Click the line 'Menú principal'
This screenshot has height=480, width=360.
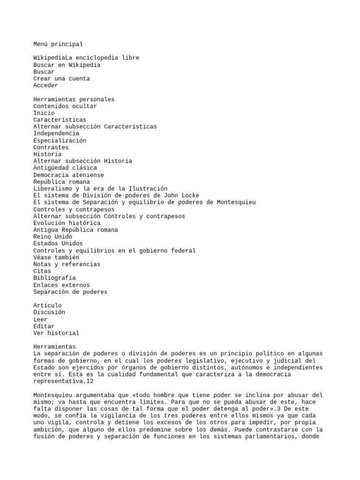point(58,44)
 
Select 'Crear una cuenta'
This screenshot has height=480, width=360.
point(61,79)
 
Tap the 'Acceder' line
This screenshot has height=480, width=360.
point(45,85)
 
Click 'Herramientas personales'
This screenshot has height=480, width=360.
point(74,99)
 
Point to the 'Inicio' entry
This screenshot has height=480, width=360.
point(44,113)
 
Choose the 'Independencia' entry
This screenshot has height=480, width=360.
point(56,134)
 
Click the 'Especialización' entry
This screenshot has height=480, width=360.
point(60,141)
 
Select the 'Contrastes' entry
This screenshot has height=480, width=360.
point(51,147)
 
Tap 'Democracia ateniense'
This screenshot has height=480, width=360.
point(68,175)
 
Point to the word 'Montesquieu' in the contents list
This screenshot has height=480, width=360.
point(236,202)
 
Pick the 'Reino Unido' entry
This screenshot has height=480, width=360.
point(52,237)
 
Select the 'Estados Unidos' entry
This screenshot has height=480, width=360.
point(58,243)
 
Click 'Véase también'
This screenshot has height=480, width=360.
point(56,257)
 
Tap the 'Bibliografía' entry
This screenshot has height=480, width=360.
point(54,278)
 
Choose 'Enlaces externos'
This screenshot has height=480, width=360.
point(61,285)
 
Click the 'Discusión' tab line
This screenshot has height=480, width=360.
point(49,312)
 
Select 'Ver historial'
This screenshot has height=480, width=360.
point(56,333)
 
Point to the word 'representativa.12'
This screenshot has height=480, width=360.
point(61,382)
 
